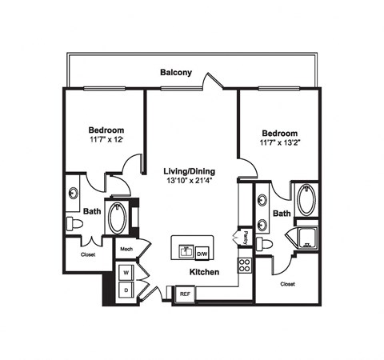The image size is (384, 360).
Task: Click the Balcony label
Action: (176, 73)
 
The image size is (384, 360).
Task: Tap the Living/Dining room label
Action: (190, 171)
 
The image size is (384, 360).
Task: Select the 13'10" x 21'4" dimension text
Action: (190, 181)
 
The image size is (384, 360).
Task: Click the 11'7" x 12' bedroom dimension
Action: (106, 139)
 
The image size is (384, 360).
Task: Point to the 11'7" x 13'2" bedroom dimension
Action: (280, 142)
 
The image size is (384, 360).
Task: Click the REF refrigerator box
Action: (185, 294)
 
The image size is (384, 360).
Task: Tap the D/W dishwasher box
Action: (202, 254)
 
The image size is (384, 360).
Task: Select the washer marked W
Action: (126, 273)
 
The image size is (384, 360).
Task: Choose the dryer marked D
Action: (126, 290)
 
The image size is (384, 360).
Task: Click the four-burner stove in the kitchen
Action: (245, 266)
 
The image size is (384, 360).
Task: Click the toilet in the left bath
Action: (74, 224)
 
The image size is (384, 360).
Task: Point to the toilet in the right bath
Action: (264, 244)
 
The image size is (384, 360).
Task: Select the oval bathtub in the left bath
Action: (117, 218)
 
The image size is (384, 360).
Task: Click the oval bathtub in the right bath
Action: (306, 200)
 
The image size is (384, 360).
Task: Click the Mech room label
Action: (126, 249)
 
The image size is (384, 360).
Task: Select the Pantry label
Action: (246, 238)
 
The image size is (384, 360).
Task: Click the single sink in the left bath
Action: (74, 193)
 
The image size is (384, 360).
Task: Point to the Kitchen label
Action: (204, 272)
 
